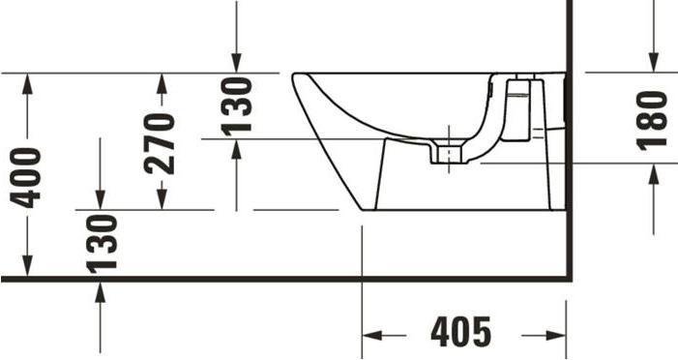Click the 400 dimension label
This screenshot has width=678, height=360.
(x=27, y=176)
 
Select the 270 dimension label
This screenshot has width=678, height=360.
(x=161, y=142)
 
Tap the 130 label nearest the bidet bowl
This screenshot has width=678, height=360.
(x=238, y=105)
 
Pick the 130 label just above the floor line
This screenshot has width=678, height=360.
(x=101, y=242)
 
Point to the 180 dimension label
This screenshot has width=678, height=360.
(x=654, y=118)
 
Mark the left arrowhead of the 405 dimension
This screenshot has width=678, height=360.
(x=370, y=335)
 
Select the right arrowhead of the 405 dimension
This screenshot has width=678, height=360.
(x=557, y=335)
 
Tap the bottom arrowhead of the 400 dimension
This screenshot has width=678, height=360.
(x=27, y=268)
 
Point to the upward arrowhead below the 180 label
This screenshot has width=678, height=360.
(x=654, y=173)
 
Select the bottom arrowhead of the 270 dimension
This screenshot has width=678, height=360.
(x=161, y=199)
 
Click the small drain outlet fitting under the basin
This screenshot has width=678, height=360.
(x=447, y=156)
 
